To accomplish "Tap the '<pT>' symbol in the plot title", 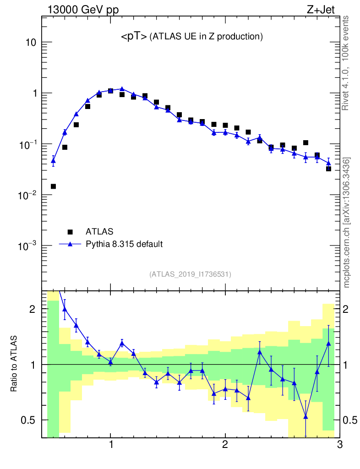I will tap(134, 37).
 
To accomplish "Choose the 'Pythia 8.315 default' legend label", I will tap(124, 244).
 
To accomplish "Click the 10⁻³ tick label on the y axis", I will tap(27, 246).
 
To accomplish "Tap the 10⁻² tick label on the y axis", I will tap(27, 195).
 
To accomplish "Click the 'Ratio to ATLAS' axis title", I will tap(15, 364).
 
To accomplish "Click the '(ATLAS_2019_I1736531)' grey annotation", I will tap(190, 274).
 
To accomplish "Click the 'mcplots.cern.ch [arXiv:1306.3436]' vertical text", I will tap(347, 222).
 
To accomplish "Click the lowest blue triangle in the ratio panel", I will tap(305, 416).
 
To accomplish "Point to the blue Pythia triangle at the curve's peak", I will tap(122, 89).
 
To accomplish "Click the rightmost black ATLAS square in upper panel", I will tap(328, 169).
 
